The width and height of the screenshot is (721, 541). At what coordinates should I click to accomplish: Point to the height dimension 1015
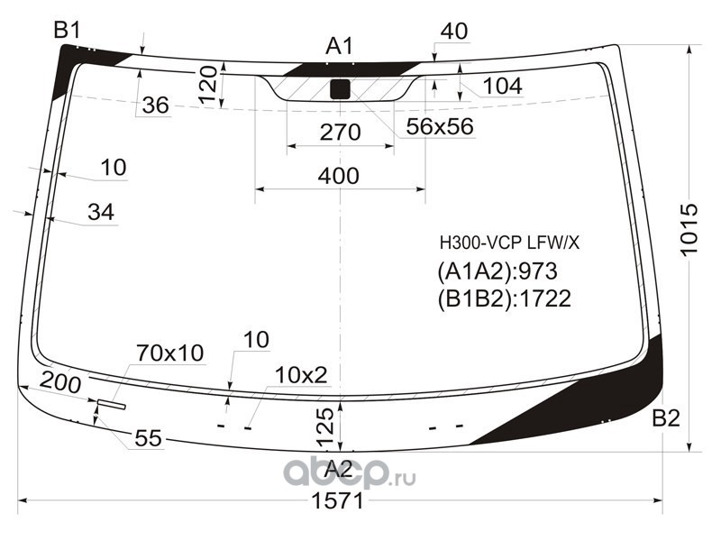689,231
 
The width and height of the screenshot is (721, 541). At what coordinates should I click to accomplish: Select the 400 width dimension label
339,176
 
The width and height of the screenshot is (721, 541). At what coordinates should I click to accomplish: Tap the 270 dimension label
341,133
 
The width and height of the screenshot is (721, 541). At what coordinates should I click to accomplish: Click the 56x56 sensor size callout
439,127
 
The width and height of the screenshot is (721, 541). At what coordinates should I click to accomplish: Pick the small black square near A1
340,88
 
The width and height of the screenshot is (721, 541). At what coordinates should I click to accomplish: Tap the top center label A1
340,46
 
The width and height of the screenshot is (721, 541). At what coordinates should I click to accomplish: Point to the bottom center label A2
339,468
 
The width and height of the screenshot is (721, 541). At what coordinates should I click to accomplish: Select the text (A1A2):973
497,270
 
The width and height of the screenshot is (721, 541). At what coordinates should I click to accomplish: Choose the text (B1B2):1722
505,298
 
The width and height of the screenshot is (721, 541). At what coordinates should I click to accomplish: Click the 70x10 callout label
170,353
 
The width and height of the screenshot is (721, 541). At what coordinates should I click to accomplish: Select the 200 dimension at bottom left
60,382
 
